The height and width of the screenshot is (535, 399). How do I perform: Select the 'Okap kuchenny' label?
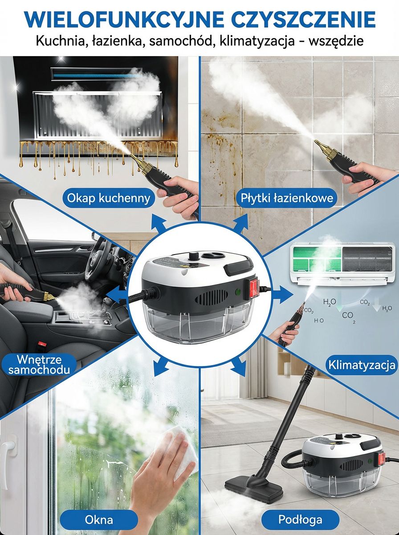(x=109, y=198)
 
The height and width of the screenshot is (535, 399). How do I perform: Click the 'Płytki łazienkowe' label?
(x=287, y=198)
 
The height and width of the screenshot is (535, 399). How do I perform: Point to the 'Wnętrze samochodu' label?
(x=39, y=365)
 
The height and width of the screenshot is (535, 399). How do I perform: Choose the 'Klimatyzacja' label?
(x=362, y=365)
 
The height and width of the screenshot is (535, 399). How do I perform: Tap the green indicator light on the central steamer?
(x=238, y=291)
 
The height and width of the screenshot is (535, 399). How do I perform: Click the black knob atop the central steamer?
(x=194, y=255)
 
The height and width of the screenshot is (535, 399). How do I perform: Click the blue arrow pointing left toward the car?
(x=116, y=294)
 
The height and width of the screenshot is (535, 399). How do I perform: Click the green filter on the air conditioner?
(x=317, y=259)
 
